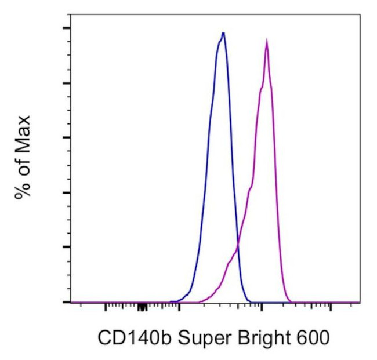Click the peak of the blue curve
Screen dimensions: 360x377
pyautogui.click(x=223, y=34)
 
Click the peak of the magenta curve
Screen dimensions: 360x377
pyautogui.click(x=266, y=41)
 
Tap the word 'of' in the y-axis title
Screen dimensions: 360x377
pyautogui.click(x=23, y=163)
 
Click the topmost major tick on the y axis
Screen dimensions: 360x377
pyautogui.click(x=67, y=28)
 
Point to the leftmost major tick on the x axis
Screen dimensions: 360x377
pyautogui.click(x=105, y=306)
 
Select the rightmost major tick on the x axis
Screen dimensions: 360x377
pyautogui.click(x=331, y=306)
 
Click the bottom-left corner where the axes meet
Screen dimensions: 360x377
pyautogui.click(x=70, y=302)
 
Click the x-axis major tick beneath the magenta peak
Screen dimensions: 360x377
pyautogui.click(x=262, y=306)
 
